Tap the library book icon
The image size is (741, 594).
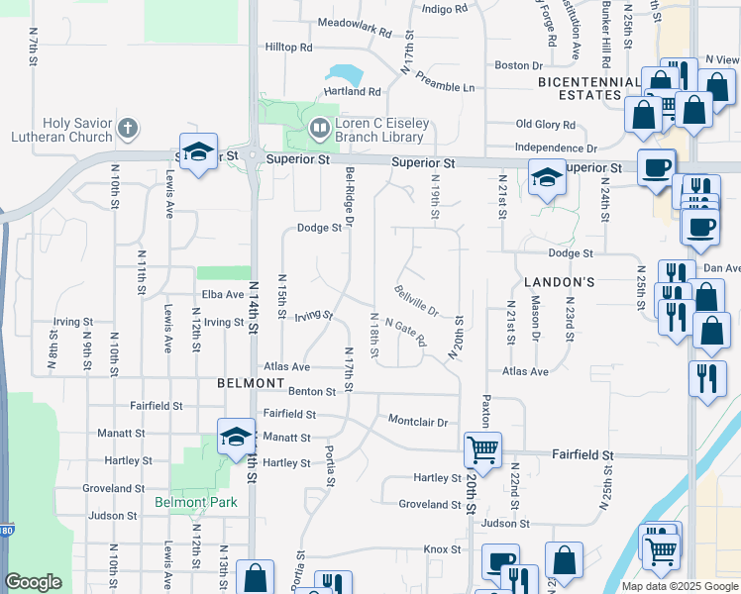click(320, 128)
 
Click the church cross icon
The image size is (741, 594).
click(127, 128)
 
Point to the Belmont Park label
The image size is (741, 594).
click(196, 502)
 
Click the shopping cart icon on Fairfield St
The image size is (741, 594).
click(482, 450)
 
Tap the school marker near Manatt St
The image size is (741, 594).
click(234, 437)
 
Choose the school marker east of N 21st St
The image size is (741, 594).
click(544, 177)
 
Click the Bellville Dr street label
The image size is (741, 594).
click(416, 299)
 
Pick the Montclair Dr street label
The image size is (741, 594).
click(418, 421)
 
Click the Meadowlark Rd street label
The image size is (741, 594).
click(356, 26)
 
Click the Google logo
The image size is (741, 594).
click(34, 582)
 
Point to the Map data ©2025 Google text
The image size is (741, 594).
click(679, 586)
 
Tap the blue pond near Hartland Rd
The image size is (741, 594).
click(344, 75)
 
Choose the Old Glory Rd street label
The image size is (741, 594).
click(546, 125)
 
